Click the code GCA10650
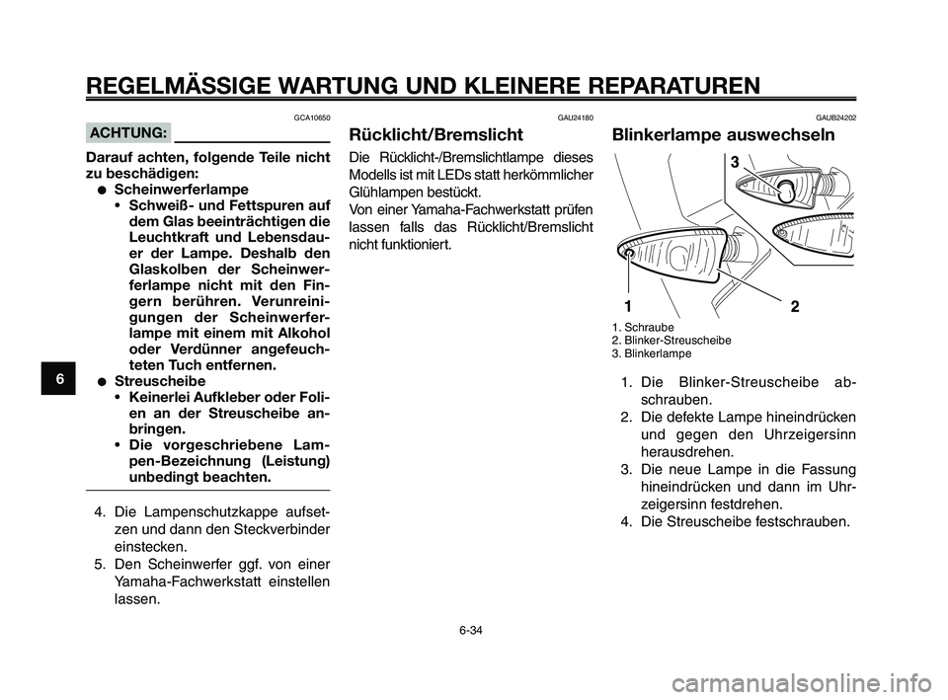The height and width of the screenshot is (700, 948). (311, 117)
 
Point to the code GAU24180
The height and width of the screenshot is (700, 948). (575, 117)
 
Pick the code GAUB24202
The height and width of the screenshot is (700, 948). (835, 117)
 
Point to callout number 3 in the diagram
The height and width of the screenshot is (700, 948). (734, 161)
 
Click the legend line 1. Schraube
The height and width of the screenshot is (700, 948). (643, 327)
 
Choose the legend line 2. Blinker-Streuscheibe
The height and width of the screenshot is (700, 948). (672, 340)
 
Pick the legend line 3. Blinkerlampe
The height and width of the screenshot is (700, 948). (652, 352)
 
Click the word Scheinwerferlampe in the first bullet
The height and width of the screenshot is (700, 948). (181, 189)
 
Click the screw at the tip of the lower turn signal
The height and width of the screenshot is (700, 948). (630, 253)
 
